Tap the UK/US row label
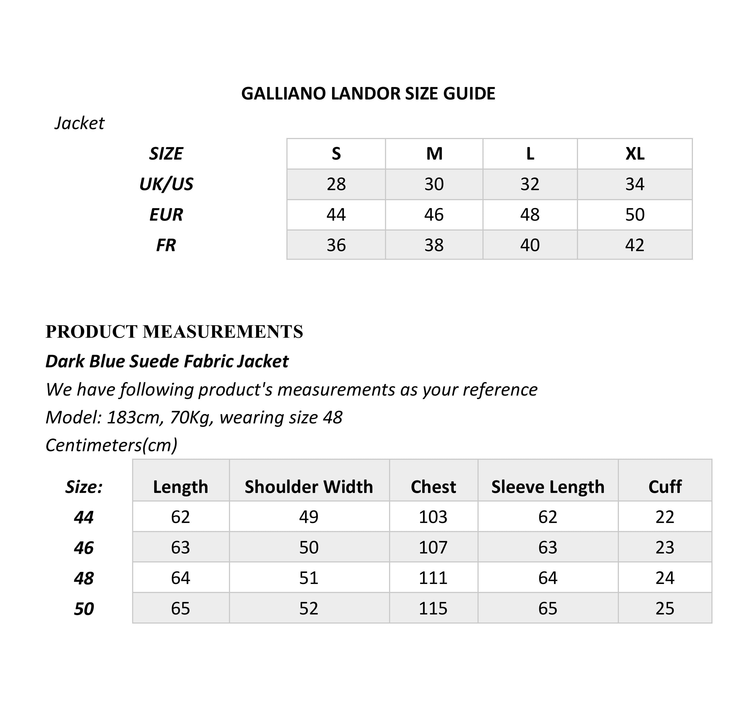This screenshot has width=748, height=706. coord(166,184)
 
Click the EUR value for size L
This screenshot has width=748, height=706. coord(530,215)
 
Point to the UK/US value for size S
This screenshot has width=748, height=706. coord(336,184)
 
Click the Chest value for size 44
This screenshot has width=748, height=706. coord(433,517)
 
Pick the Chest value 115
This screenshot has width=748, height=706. coord(433,608)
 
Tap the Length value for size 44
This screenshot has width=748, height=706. coord(180,517)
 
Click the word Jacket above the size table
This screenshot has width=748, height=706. coord(79,123)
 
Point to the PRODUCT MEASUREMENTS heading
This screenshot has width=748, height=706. coord(174,331)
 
